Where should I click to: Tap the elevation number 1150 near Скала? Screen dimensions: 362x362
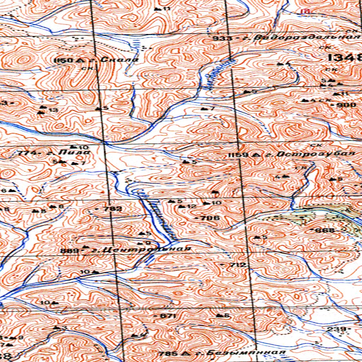click(64, 60)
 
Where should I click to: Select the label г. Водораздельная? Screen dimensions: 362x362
click(301, 38)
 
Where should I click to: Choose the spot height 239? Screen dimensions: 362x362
click(341, 329)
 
